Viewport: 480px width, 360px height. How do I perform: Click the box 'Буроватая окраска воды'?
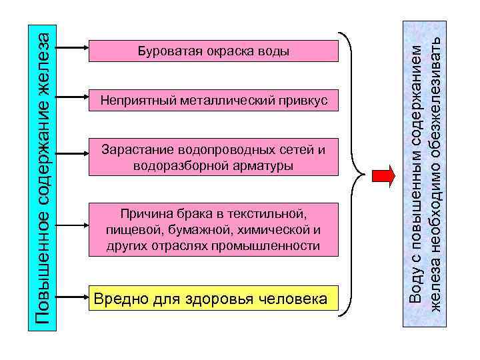point(213,51)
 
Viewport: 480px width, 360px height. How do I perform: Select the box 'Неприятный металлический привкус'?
point(213,101)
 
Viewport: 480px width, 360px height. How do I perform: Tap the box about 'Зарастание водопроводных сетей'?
point(213,157)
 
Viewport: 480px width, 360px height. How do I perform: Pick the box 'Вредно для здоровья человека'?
point(213,298)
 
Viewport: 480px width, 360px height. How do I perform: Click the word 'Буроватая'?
point(164,51)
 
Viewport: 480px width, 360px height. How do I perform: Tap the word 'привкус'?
point(306,101)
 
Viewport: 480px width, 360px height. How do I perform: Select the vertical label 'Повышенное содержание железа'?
point(42,177)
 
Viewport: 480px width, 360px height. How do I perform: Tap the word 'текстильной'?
point(266,215)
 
